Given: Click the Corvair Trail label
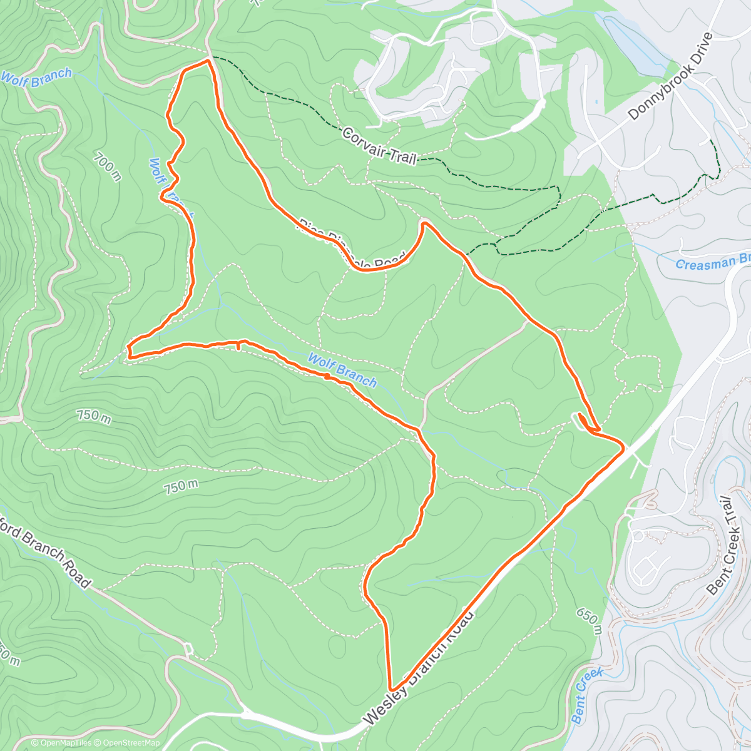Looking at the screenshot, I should [x=379, y=145].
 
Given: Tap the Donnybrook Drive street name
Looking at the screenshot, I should [x=670, y=76].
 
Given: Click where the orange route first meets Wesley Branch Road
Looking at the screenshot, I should [x=622, y=447].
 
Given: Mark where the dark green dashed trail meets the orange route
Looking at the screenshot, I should [x=466, y=255].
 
